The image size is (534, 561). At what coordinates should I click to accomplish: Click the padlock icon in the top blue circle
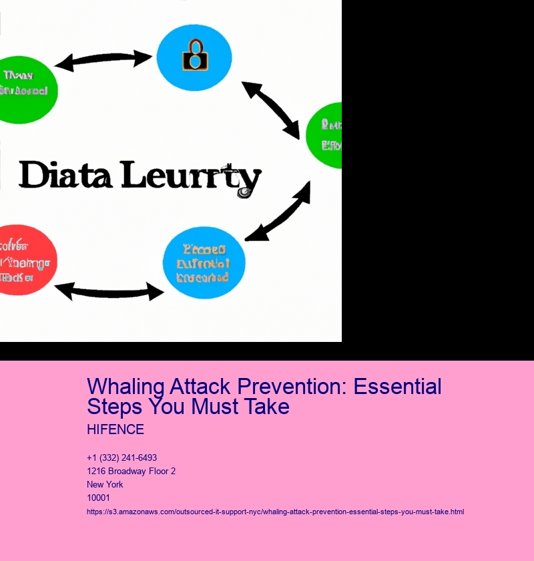pyautogui.click(x=194, y=55)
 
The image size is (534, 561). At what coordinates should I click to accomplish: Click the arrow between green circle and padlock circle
pyautogui.click(x=103, y=61)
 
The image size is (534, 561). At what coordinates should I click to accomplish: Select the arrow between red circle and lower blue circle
pyautogui.click(x=109, y=291)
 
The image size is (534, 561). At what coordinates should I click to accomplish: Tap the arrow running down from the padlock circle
pyautogui.click(x=270, y=110)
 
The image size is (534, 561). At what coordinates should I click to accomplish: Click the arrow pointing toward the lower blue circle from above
pyautogui.click(x=278, y=211)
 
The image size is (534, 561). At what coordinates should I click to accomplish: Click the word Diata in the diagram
pyautogui.click(x=63, y=175)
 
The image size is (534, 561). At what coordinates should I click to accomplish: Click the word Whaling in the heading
pyautogui.click(x=126, y=387)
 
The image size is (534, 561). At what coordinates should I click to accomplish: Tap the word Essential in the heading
pyautogui.click(x=398, y=387)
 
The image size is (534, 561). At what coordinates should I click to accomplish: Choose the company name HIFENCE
pyautogui.click(x=115, y=429)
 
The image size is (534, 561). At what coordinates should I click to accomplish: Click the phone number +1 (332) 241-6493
pyautogui.click(x=121, y=458)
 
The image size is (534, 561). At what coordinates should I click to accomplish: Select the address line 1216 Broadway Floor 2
pyautogui.click(x=131, y=472)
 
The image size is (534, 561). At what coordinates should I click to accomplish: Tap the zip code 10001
pyautogui.click(x=98, y=498)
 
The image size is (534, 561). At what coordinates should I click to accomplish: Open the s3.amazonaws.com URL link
pyautogui.click(x=275, y=512)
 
